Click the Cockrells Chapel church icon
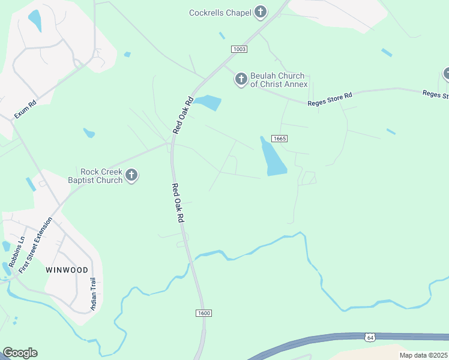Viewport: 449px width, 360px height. (261, 11)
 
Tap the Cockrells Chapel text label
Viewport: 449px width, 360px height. (220, 12)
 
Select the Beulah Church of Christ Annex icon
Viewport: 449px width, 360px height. (241, 79)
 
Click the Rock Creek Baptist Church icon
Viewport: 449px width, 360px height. (131, 176)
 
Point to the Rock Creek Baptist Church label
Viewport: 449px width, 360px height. (100, 176)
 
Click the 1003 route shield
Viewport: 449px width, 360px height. (238, 49)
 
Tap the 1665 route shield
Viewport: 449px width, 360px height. (279, 139)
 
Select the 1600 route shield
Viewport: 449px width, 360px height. (203, 313)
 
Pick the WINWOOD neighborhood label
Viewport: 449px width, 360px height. (67, 270)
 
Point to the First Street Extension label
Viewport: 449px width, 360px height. (35, 245)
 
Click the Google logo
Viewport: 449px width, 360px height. (20, 353)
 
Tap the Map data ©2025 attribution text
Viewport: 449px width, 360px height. (424, 355)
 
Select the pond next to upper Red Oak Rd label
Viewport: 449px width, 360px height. (208, 103)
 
